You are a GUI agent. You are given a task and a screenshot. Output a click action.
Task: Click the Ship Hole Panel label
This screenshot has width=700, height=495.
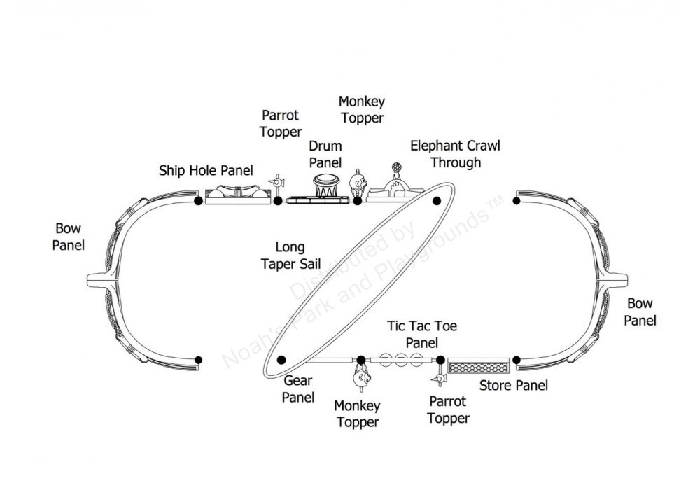coord(206,170)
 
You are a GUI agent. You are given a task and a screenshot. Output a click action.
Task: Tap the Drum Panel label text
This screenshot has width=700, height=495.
coord(325,155)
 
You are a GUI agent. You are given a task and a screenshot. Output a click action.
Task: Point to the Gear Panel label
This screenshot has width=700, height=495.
coord(298,389)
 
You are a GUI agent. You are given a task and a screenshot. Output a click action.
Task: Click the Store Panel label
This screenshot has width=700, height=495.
coord(513,385)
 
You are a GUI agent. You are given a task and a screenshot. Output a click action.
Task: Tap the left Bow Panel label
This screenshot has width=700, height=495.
coord(69,237)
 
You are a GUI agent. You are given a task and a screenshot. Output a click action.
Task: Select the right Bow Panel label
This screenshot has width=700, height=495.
coord(640,312)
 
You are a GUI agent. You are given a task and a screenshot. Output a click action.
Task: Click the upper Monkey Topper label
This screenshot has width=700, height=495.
coord(361,110)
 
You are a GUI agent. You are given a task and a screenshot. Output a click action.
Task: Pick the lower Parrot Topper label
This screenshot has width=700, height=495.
coord(448,410)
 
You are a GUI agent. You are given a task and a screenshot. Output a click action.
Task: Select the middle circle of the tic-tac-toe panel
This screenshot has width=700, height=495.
coord(402,360)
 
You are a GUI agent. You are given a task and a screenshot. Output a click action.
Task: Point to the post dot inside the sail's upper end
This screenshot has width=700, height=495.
coord(437,201)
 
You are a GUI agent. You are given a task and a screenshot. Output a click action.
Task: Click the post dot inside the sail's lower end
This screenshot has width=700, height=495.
coord(281,360)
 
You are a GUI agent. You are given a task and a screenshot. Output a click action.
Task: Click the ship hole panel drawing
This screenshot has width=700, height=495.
coord(237,194)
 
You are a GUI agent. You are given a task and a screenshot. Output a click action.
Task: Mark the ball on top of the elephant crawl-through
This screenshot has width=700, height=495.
coord(396,168)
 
